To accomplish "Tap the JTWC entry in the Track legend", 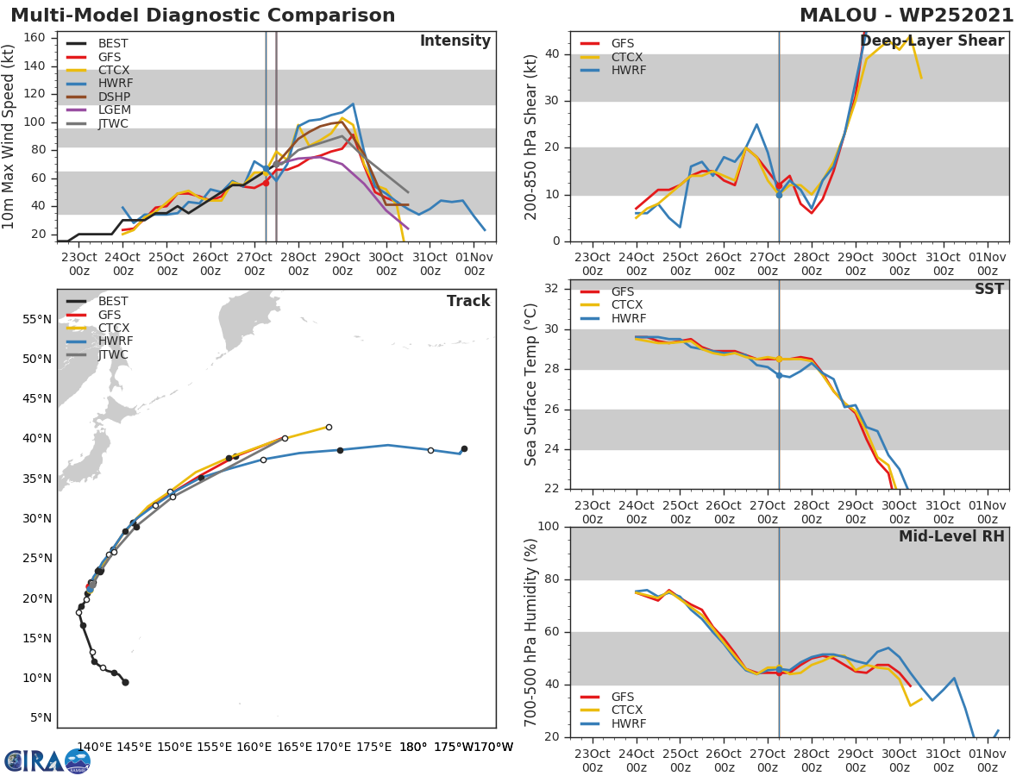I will pos(112,354).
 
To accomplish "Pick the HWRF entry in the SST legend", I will pos(627,318).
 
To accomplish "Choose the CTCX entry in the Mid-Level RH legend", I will pos(627,710).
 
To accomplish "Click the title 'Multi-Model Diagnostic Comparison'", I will pos(203,16).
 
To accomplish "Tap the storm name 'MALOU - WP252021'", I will pos(906,16).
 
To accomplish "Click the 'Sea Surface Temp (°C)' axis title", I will pos(531,385).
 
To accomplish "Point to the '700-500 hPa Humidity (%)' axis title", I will pos(531,632).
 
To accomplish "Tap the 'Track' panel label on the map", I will pos(468,301).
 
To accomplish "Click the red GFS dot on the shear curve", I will pos(779,185).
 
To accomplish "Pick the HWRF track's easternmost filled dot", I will pos(464,448).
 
